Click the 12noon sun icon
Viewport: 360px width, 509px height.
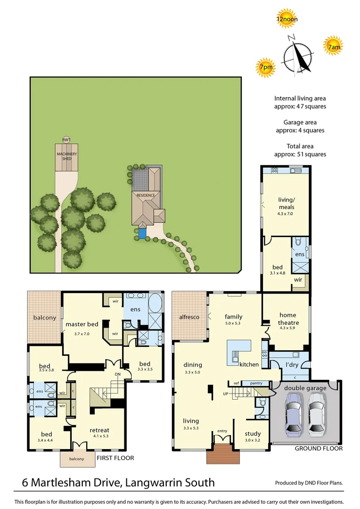287,18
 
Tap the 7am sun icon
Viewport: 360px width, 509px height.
334,46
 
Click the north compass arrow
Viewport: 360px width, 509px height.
299,57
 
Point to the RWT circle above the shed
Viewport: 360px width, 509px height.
66,140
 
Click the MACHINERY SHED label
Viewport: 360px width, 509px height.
66,156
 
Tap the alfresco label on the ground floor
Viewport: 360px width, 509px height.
188,317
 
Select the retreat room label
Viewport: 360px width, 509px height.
99,430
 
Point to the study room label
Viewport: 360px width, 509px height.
253,434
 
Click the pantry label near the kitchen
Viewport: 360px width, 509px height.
256,383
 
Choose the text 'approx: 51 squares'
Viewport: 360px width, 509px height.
300,154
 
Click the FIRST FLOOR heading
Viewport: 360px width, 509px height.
115,458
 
